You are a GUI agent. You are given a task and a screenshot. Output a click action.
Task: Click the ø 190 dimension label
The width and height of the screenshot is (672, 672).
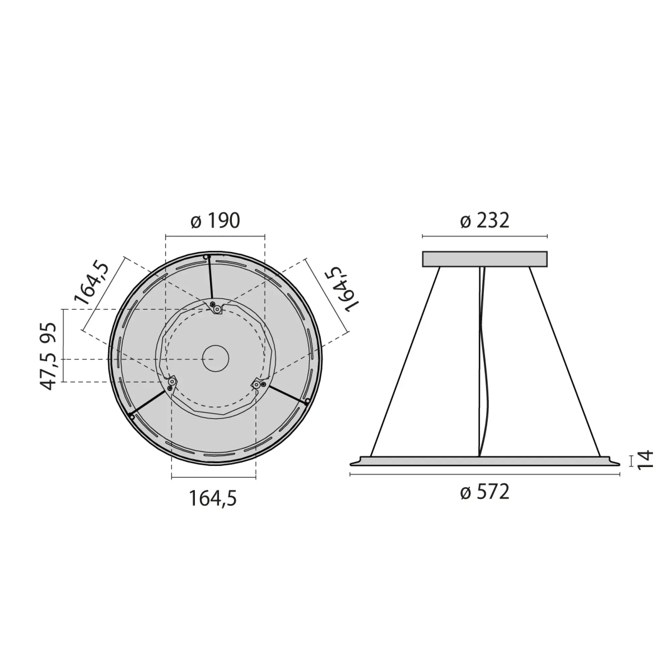click(215, 221)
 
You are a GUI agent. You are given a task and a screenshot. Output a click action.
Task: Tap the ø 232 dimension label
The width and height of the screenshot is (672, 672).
click(485, 221)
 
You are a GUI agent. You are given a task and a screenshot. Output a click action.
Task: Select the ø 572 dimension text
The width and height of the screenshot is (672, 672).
click(485, 492)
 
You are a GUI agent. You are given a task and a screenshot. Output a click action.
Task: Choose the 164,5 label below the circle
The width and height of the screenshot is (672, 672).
click(213, 498)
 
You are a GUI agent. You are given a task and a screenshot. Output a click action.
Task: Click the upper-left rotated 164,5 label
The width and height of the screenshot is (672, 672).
click(91, 284)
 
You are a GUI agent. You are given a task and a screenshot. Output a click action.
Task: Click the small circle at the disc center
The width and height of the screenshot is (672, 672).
click(216, 358)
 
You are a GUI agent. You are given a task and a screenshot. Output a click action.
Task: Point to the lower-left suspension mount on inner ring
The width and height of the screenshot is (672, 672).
click(171, 384)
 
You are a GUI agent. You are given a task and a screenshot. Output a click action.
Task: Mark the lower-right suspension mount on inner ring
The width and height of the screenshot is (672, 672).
click(258, 384)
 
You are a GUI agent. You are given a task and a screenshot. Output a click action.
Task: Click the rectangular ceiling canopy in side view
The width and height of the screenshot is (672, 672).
click(485, 259)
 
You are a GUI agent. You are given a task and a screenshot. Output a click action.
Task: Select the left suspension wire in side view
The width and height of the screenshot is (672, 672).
click(405, 362)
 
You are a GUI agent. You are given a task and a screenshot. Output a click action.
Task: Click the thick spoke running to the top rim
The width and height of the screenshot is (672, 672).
click(210, 278)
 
